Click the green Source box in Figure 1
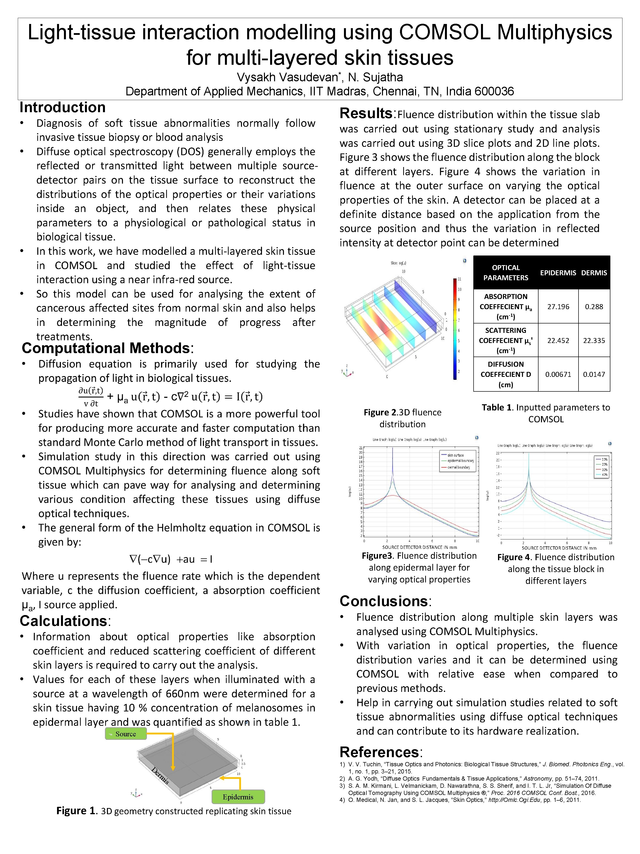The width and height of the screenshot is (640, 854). pos(126,734)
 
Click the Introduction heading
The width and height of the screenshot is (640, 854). pos(62,107)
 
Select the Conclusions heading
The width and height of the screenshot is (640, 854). pos(384,601)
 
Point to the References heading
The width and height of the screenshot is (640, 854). pos(380,752)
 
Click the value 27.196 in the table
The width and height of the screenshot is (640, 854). pos(558,307)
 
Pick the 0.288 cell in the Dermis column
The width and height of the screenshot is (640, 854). pos(594,307)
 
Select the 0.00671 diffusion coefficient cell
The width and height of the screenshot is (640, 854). pos(558,374)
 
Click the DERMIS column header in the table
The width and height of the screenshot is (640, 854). pos(594,273)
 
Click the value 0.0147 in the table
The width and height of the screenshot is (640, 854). pos(594,374)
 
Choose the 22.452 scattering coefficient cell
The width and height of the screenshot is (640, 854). pos(558,341)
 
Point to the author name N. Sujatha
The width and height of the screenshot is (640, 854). pos(375,78)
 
